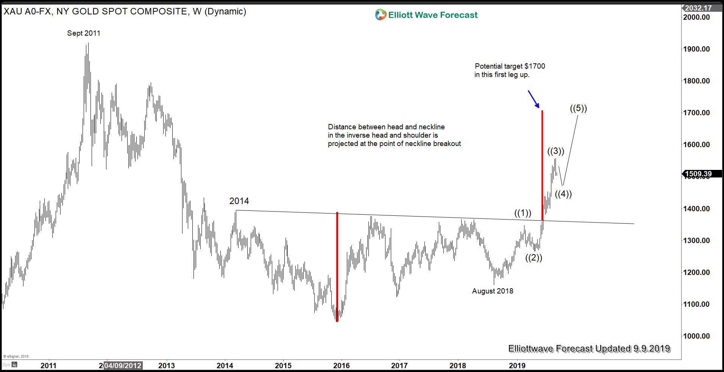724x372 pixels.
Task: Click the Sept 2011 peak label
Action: (x=84, y=33)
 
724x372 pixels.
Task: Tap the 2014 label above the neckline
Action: (x=239, y=201)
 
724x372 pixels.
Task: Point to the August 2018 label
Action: (x=493, y=291)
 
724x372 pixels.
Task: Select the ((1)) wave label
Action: (x=523, y=213)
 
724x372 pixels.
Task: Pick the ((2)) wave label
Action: (x=534, y=258)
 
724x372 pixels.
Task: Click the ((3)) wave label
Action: (x=555, y=151)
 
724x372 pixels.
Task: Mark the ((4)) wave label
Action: (x=563, y=194)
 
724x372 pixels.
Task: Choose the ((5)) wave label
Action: (x=578, y=108)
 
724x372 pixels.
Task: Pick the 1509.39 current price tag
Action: (x=698, y=174)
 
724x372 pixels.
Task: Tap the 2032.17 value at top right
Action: (x=698, y=8)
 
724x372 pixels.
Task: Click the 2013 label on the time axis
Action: (x=166, y=366)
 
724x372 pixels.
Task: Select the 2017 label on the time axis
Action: (x=399, y=366)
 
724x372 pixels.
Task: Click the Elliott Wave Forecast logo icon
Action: (x=380, y=15)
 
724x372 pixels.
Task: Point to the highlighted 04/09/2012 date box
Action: (x=123, y=366)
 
